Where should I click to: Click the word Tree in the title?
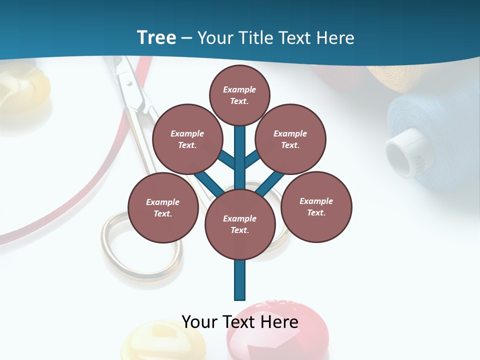(x=156, y=38)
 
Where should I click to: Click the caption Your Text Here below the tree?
(x=240, y=321)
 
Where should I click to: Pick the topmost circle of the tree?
(x=239, y=95)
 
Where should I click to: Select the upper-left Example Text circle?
(x=187, y=139)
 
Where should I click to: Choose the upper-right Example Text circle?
(x=290, y=139)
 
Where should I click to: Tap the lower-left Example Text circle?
(x=162, y=207)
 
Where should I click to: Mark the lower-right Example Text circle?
(x=316, y=206)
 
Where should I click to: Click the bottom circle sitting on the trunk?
(x=240, y=224)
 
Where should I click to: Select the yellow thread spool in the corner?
(x=395, y=77)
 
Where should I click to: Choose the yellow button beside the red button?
(x=150, y=342)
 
